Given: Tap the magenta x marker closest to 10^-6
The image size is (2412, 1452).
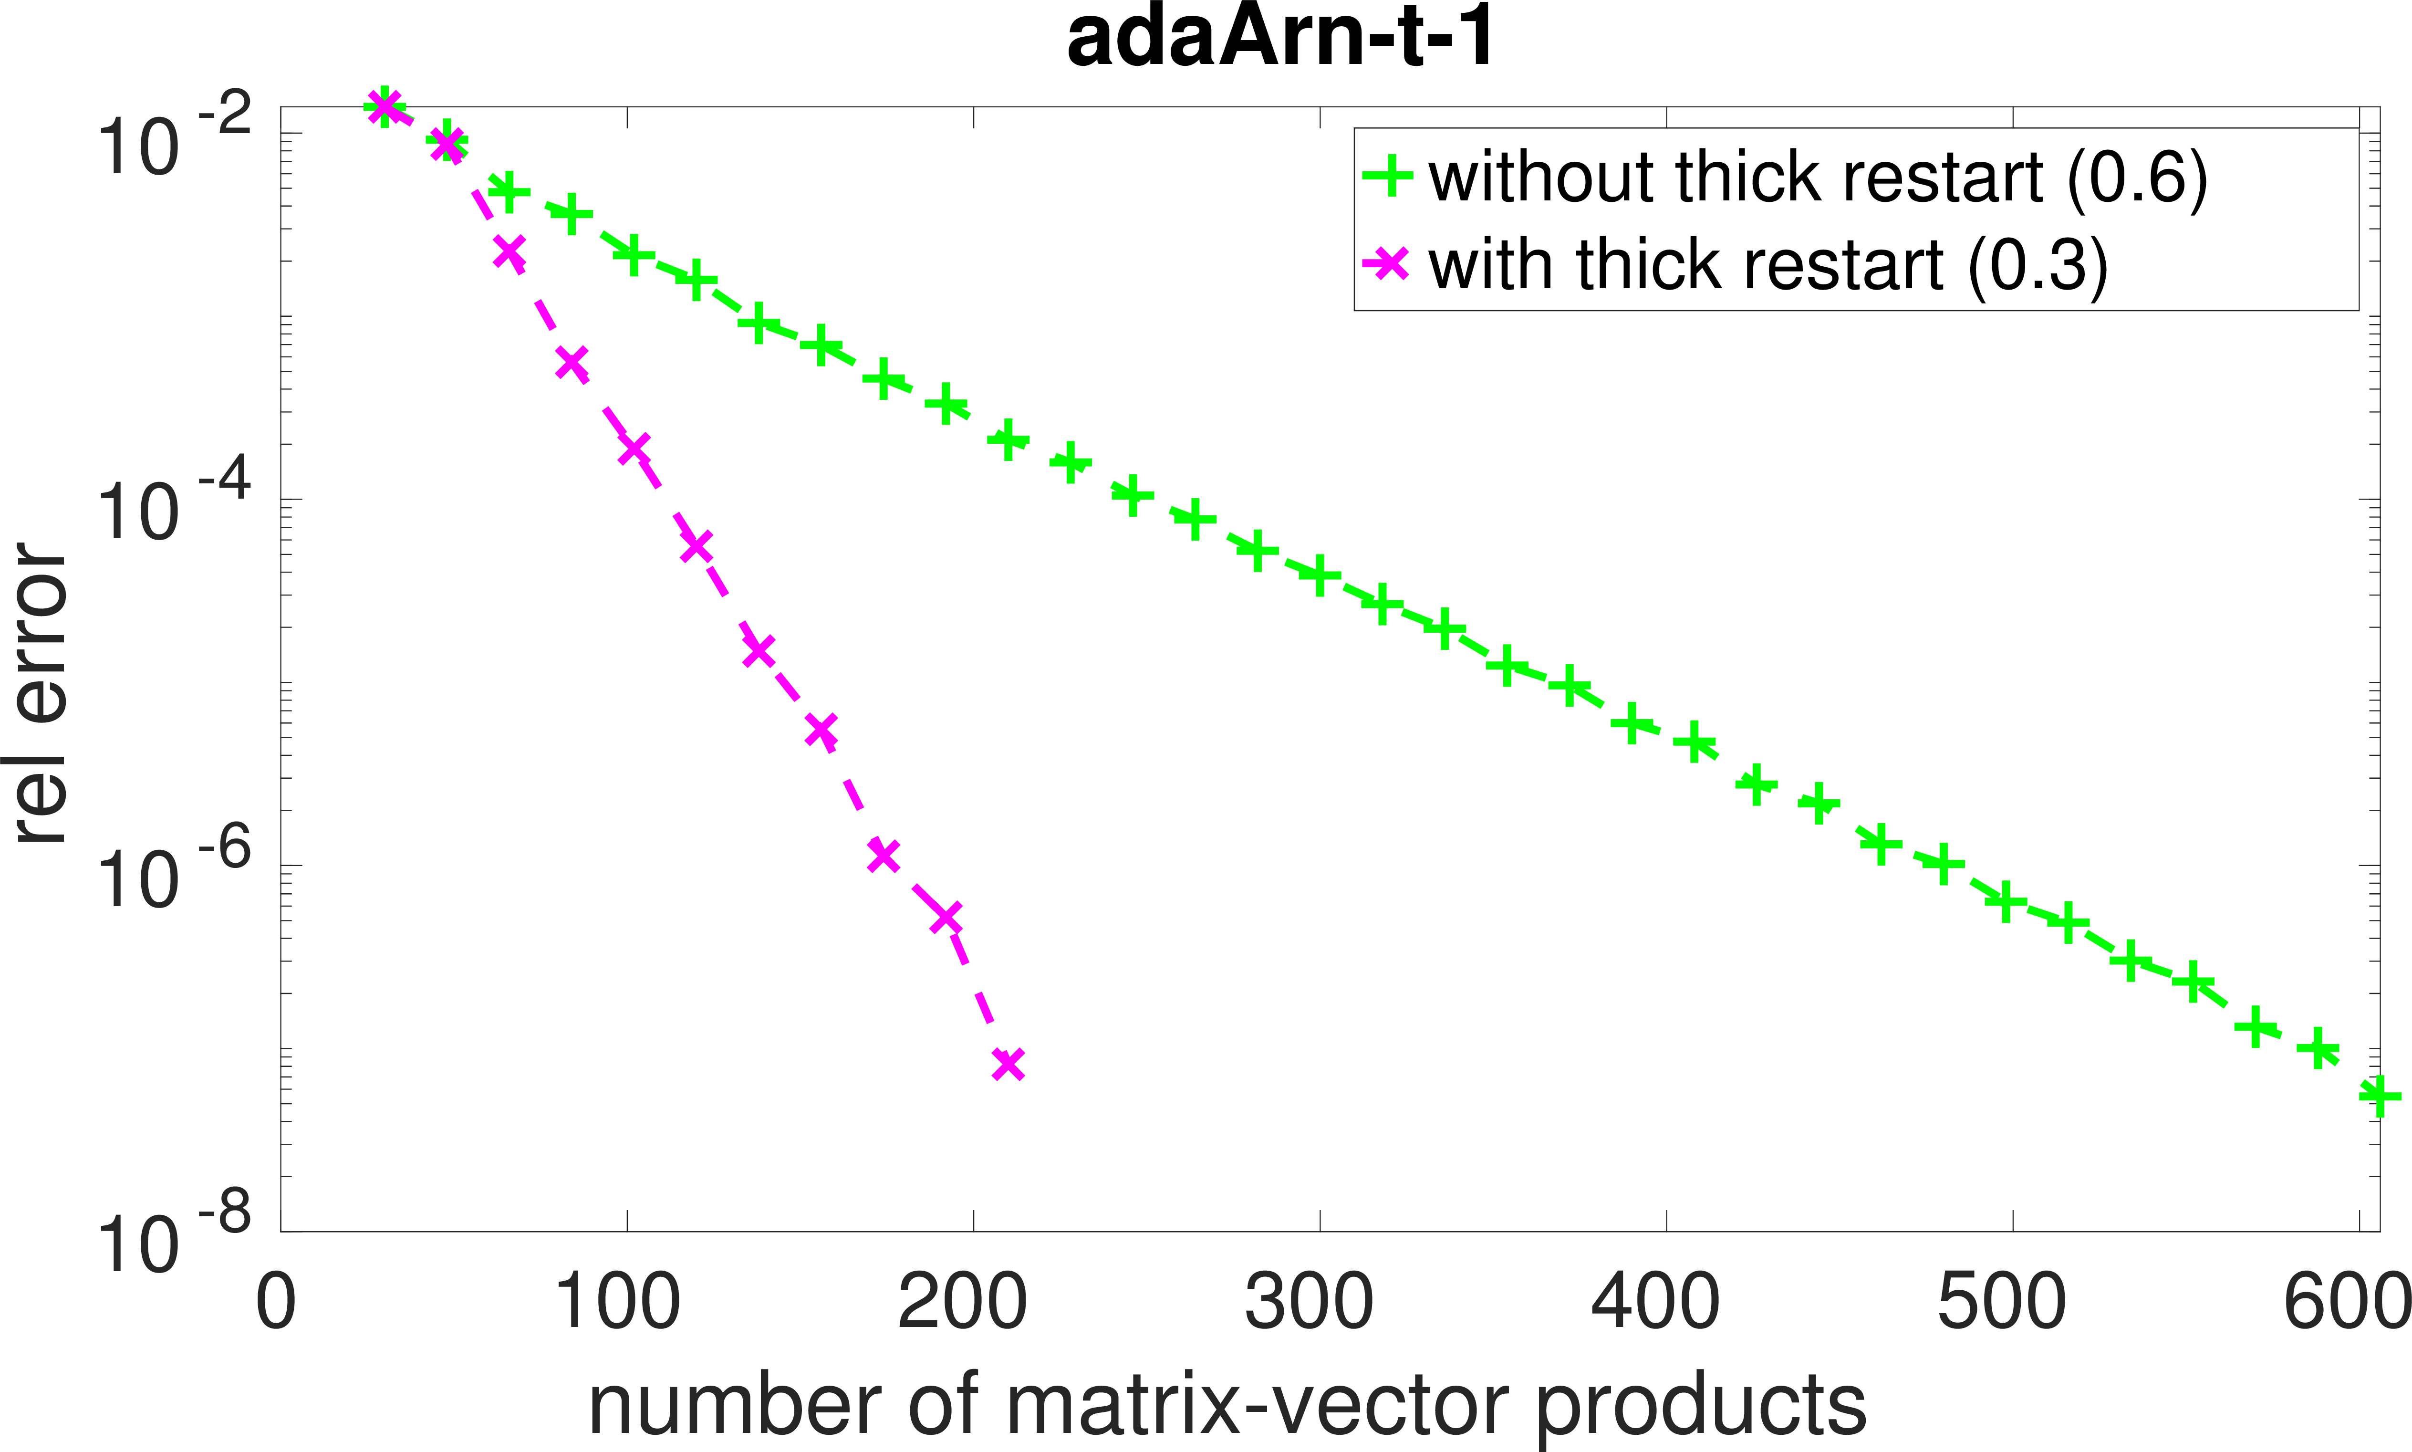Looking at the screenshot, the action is click(883, 854).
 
